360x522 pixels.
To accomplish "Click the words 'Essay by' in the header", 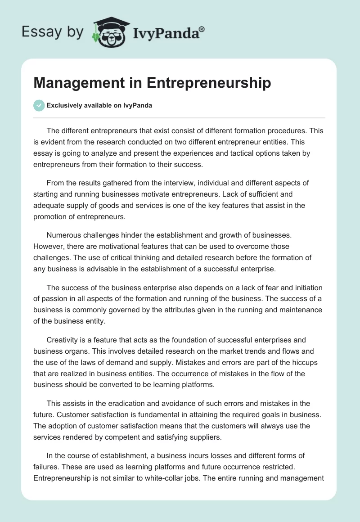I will tap(52, 32).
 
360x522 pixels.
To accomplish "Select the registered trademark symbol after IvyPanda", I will tap(202, 30).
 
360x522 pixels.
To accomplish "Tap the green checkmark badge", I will tap(39, 105).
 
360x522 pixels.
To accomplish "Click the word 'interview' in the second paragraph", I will tap(168, 184).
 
